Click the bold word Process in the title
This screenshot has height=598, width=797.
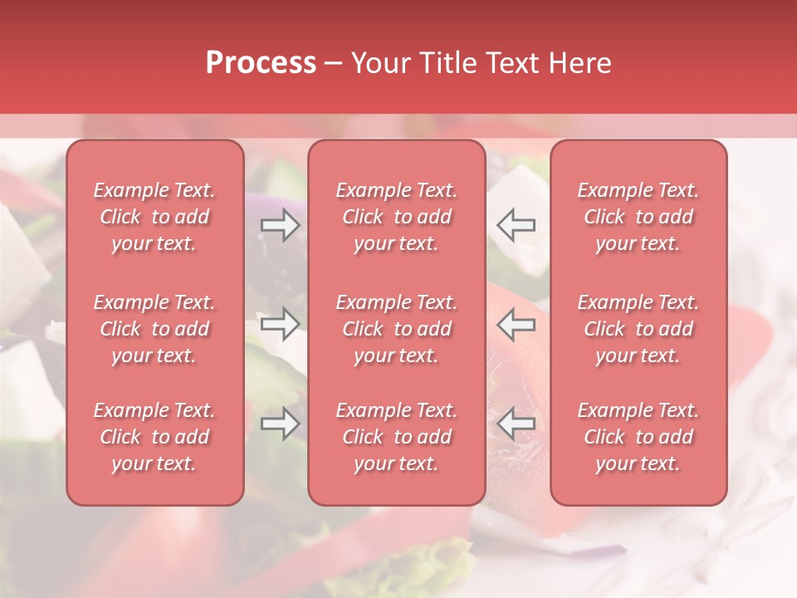point(261,63)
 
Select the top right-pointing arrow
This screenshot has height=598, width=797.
point(281,225)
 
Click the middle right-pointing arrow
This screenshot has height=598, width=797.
point(281,325)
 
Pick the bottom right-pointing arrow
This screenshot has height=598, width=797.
point(281,424)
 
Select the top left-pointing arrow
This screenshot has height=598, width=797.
point(516,225)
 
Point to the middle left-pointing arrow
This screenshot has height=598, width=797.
point(516,325)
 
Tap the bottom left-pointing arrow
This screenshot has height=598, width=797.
point(516,424)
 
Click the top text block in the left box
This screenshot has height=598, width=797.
point(154,217)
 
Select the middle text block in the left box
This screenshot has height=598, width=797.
point(154,329)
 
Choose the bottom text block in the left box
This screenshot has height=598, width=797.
point(154,437)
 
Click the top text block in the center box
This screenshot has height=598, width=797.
point(396,217)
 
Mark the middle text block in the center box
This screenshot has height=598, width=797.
point(396,329)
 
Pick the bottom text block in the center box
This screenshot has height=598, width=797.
point(396,437)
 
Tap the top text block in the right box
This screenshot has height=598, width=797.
point(638,217)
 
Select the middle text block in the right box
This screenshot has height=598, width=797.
point(638,329)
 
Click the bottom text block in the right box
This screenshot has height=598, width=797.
point(638,437)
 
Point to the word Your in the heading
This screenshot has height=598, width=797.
point(383,63)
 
